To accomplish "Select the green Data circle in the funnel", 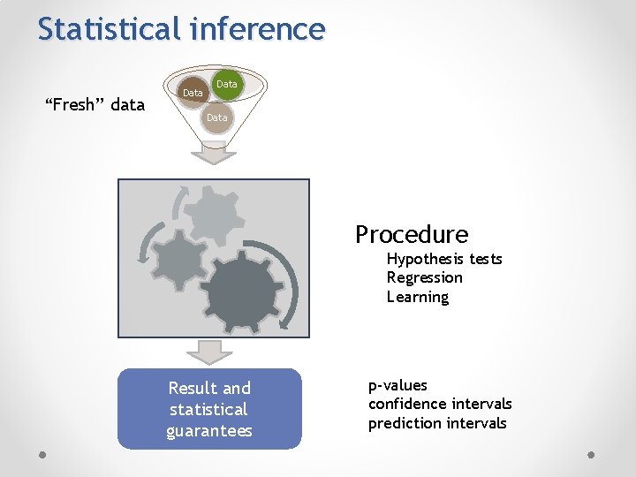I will coord(227,85).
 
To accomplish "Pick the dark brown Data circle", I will coord(193,93).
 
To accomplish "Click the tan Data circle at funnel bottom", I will coord(216,117).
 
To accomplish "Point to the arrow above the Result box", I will coord(215,352).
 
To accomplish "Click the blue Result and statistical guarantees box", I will coord(209,409).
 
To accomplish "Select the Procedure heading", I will coord(412,234).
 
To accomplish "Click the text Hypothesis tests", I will coord(444,259).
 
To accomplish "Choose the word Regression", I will coord(425,277).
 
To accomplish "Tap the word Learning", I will coord(418,297).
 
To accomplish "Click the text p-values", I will coord(397,385).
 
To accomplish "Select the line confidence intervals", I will coord(440,404).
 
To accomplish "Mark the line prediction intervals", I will coord(437,423).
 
